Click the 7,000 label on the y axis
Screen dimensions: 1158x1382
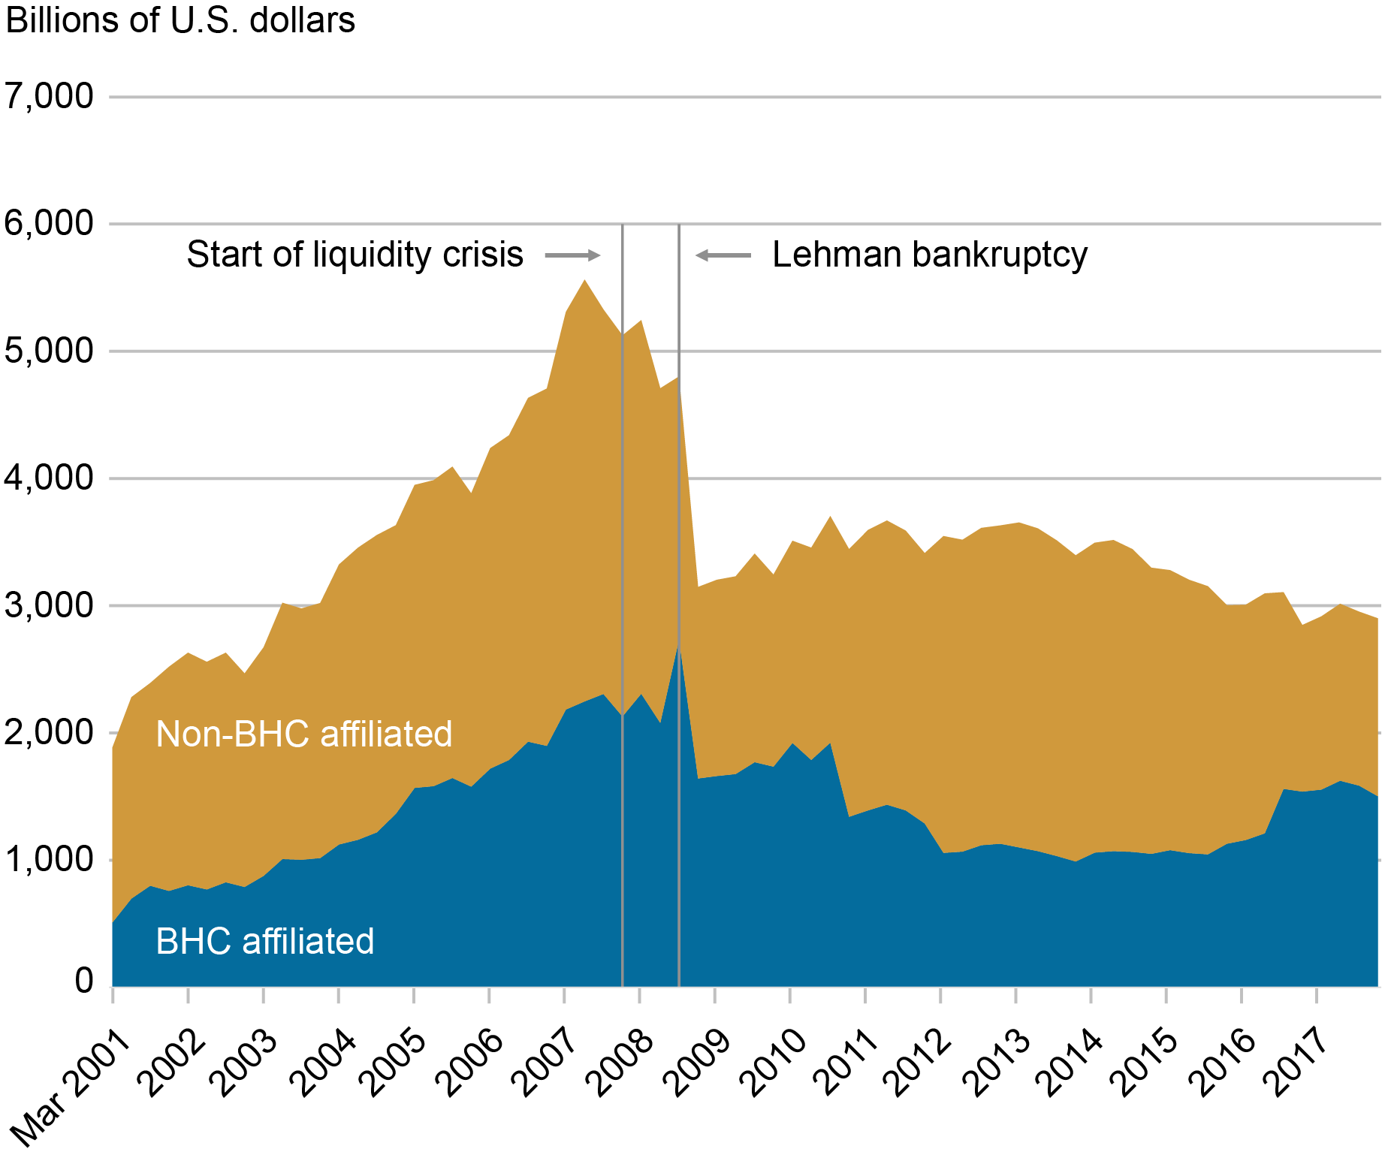click(50, 96)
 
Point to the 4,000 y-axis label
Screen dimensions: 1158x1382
click(50, 478)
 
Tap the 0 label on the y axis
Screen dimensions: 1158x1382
click(84, 980)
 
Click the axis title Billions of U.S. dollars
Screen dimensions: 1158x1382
click(180, 20)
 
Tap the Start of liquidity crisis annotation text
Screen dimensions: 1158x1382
click(355, 255)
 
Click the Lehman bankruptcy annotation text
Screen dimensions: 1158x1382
click(930, 255)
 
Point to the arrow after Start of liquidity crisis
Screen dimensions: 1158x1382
click(572, 255)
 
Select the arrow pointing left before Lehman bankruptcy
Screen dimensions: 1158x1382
click(723, 255)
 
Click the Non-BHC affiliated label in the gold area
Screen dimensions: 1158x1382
click(303, 734)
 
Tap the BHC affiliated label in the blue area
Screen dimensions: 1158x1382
click(264, 941)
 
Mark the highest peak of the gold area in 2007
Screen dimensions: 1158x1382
click(584, 281)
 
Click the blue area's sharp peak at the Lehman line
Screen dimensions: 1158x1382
click(678, 644)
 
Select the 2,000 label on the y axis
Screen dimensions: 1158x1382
click(50, 733)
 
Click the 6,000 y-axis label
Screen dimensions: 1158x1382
click(50, 224)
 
